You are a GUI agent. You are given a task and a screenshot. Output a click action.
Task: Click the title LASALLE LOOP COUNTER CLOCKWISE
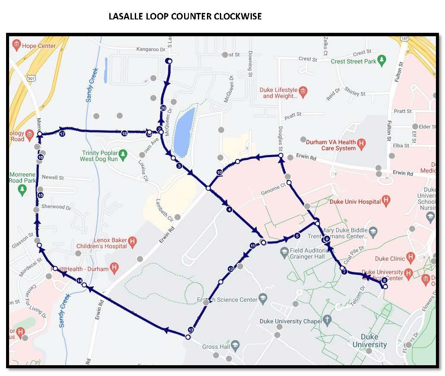tap(185, 16)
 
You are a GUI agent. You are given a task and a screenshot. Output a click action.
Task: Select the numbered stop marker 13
tap(191, 330)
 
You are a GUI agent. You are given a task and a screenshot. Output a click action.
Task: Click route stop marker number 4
tap(229, 210)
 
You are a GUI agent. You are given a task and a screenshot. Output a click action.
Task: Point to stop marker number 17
tap(62, 134)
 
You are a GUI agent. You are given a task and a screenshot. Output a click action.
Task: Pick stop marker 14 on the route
tap(79, 281)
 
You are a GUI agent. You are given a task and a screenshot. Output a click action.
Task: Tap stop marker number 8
tap(384, 280)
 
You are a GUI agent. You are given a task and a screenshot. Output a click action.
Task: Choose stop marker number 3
tap(179, 166)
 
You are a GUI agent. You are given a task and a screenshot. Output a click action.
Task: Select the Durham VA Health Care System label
tap(331, 145)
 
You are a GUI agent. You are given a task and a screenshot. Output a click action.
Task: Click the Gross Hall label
tap(216, 347)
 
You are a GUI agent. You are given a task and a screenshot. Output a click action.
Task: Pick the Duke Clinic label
tap(390, 259)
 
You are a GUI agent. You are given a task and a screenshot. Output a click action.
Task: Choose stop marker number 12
tap(230, 269)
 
